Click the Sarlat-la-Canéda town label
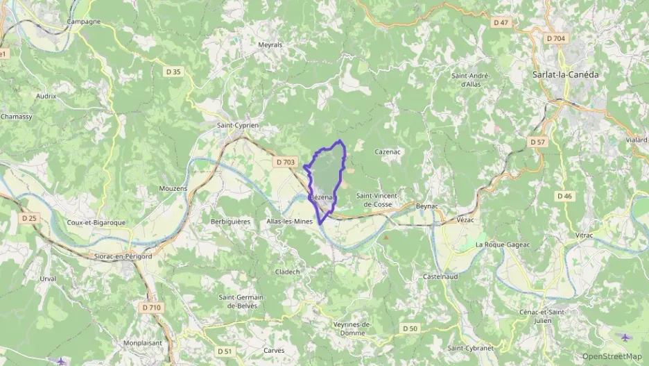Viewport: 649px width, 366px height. point(564,74)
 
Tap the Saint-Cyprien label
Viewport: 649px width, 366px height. point(238,126)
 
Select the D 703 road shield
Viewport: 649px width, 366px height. point(285,163)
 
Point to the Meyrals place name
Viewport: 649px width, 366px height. point(270,44)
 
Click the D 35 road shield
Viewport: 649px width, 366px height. point(173,72)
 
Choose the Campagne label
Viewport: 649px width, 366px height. point(84,22)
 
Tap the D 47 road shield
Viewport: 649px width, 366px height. point(501,23)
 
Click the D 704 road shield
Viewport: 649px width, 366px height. point(555,39)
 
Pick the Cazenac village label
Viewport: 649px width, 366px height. point(388,151)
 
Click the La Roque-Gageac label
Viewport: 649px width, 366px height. point(503,245)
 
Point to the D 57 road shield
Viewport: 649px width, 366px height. point(538,142)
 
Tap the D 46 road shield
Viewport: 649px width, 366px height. point(565,196)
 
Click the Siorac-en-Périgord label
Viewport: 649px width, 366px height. point(123,256)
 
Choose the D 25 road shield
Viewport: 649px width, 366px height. point(28,218)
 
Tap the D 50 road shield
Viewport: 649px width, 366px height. point(410,328)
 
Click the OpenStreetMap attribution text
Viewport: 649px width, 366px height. point(612,356)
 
